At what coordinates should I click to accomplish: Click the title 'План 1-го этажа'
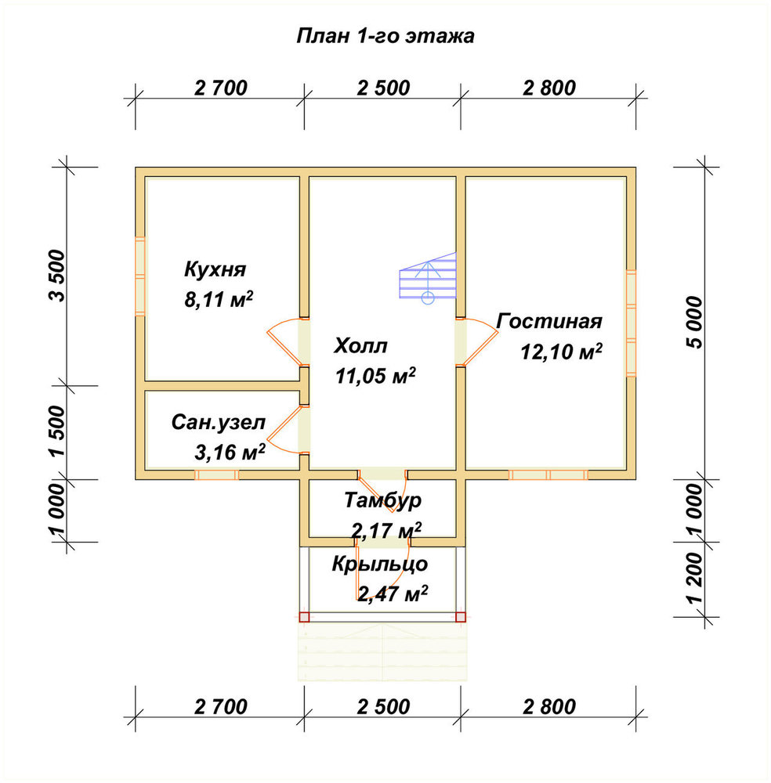[385, 37]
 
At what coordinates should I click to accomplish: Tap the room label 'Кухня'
[215, 269]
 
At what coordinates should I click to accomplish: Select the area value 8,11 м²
[219, 300]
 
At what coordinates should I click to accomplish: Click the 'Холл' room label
[360, 345]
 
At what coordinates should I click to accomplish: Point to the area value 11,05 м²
[375, 376]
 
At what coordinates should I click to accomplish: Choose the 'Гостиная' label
[549, 321]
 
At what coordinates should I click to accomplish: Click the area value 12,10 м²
[561, 352]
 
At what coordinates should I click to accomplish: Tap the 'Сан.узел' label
[219, 423]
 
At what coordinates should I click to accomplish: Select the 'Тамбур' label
[382, 500]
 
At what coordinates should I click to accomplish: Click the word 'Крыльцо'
[380, 565]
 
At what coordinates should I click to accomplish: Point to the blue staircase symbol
[428, 276]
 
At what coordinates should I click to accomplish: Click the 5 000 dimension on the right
[694, 323]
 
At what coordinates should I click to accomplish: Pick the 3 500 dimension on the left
[57, 276]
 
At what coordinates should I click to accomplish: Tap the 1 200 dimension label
[694, 579]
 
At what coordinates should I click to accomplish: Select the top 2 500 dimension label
[383, 88]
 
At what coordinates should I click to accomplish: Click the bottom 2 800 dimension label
[549, 707]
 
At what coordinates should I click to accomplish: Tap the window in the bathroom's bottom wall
[216, 475]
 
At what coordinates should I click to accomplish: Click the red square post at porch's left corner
[304, 617]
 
